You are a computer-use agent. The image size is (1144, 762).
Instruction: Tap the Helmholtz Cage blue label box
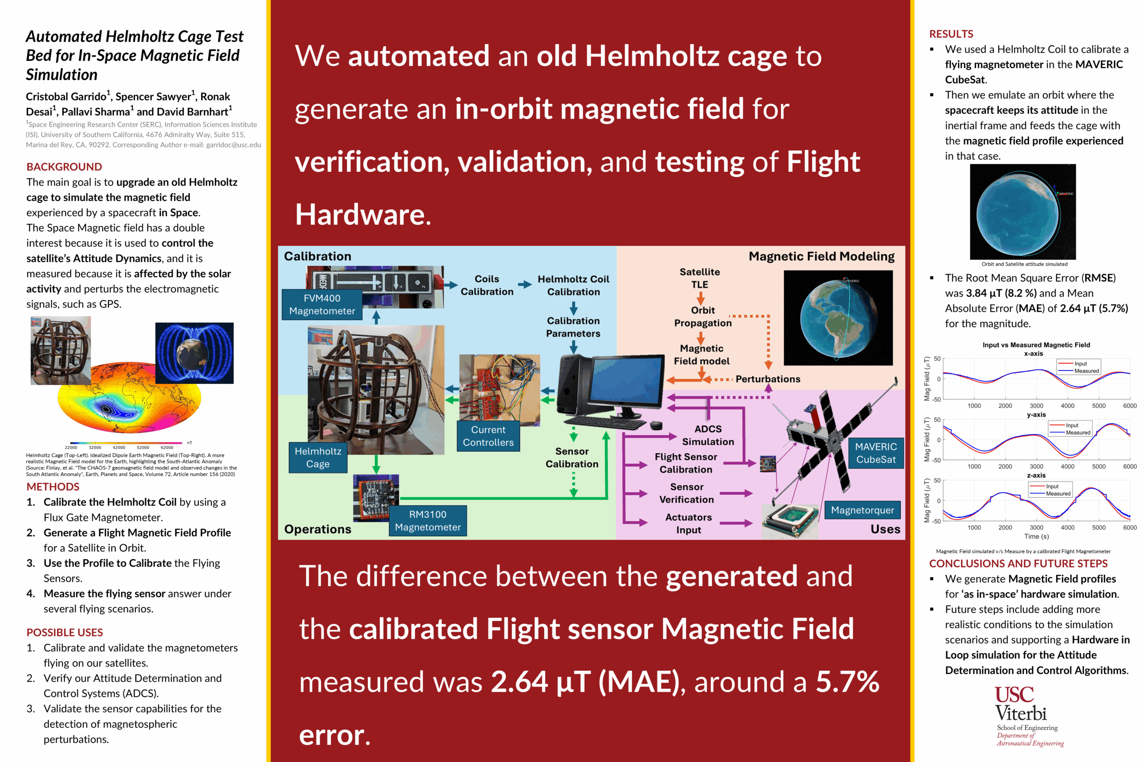pos(318,457)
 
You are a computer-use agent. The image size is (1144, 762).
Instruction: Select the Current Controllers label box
pos(488,436)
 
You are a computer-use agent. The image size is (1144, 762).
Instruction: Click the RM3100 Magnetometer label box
pos(428,520)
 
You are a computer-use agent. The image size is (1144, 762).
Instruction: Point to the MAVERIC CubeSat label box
pos(875,453)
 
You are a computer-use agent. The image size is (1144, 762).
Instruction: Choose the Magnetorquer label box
pos(862,510)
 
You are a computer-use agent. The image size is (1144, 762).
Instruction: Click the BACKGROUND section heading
pos(64,167)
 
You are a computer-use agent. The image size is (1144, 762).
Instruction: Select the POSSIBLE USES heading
pos(65,632)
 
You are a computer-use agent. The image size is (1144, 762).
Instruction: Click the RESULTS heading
pos(951,34)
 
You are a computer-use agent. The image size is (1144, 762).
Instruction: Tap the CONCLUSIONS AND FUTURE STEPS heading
pos(1018,563)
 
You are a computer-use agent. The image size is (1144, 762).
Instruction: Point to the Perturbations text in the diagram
pos(768,379)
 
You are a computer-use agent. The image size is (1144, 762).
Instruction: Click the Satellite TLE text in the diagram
pos(699,278)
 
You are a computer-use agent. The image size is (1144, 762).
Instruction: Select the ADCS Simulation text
pos(708,435)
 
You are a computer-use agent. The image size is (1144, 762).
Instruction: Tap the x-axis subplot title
pos(1033,353)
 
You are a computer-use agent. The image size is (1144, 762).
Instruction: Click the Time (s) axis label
pos(1036,536)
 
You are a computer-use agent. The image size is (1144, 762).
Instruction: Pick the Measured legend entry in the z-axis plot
pos(1058,493)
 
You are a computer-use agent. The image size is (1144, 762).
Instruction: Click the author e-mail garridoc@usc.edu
pos(233,145)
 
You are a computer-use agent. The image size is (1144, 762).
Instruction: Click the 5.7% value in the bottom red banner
pos(847,681)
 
